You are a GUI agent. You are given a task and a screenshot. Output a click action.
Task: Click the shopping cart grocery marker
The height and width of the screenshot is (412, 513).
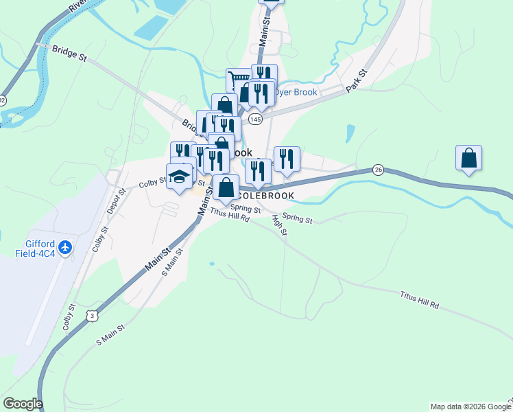[238, 81]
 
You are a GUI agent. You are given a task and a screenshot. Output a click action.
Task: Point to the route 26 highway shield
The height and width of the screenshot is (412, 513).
[378, 169]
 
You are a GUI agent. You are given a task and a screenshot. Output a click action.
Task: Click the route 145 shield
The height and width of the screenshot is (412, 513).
[255, 119]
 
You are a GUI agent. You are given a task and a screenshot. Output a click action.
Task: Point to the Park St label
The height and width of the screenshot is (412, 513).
[357, 80]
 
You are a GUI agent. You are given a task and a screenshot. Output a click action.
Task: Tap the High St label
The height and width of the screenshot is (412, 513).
[278, 225]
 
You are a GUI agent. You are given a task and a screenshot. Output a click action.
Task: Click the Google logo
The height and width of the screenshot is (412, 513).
[22, 404]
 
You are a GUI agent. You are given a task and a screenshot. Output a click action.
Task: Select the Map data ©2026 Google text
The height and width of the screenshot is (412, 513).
[470, 407]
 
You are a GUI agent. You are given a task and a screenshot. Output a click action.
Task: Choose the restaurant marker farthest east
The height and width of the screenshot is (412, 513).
[286, 159]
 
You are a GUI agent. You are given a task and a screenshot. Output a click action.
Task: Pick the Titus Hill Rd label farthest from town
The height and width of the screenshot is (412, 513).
[419, 299]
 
